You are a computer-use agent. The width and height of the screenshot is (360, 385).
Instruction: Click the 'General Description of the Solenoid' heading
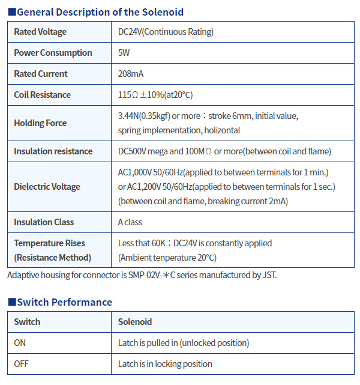coord(100,12)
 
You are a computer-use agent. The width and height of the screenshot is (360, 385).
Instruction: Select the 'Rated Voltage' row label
coord(40,32)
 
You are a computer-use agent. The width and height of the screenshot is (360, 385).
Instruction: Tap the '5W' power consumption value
coord(124,53)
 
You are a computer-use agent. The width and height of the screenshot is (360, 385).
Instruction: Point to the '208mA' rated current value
coord(131,74)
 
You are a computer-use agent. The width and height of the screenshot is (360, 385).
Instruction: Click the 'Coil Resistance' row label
coord(42,95)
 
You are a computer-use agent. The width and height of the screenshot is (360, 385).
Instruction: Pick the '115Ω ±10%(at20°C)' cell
coord(155,95)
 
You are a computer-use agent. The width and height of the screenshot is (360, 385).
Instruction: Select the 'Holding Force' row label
coord(40,123)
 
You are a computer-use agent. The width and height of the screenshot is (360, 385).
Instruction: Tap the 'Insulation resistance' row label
coord(53,151)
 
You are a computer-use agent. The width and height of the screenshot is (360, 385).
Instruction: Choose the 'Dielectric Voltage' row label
coord(47,187)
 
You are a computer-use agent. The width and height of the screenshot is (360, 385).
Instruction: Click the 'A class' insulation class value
coord(130,222)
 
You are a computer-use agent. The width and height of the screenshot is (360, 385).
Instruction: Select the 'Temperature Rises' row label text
coord(50,243)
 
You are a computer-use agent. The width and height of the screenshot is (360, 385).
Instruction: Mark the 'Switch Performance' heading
coord(64,302)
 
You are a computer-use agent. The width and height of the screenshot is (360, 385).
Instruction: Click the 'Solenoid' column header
coord(135,322)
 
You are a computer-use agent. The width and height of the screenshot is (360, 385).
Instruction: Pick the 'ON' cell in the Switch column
coord(20,343)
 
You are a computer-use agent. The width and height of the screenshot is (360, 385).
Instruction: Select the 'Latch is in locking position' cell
coord(165,364)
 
